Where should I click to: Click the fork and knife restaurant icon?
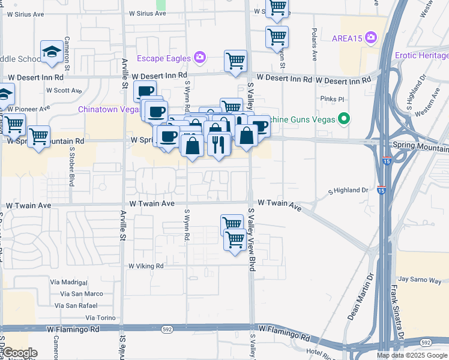(x=218, y=145)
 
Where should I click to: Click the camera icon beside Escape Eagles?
(x=200, y=58)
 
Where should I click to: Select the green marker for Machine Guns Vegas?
(x=344, y=119)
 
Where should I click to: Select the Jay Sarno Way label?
(x=420, y=280)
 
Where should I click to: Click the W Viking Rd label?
(x=146, y=266)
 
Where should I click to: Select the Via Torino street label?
(x=100, y=317)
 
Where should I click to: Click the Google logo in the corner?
(x=19, y=353)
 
